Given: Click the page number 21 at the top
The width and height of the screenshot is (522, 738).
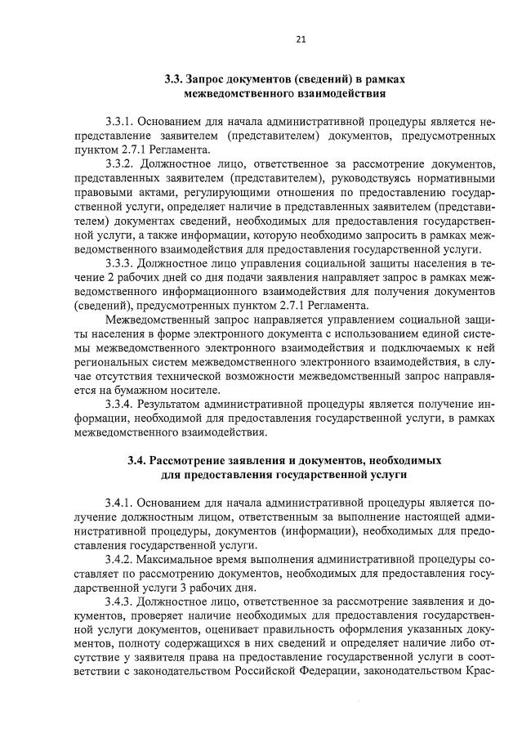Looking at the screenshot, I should pos(300,38).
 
